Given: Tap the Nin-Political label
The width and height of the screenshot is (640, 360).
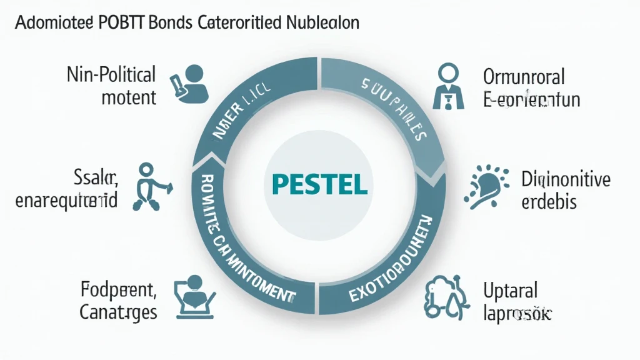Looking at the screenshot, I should [111, 76].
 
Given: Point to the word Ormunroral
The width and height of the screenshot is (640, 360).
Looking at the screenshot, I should [524, 77].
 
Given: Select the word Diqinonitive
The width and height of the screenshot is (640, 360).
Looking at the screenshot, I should [566, 180].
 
